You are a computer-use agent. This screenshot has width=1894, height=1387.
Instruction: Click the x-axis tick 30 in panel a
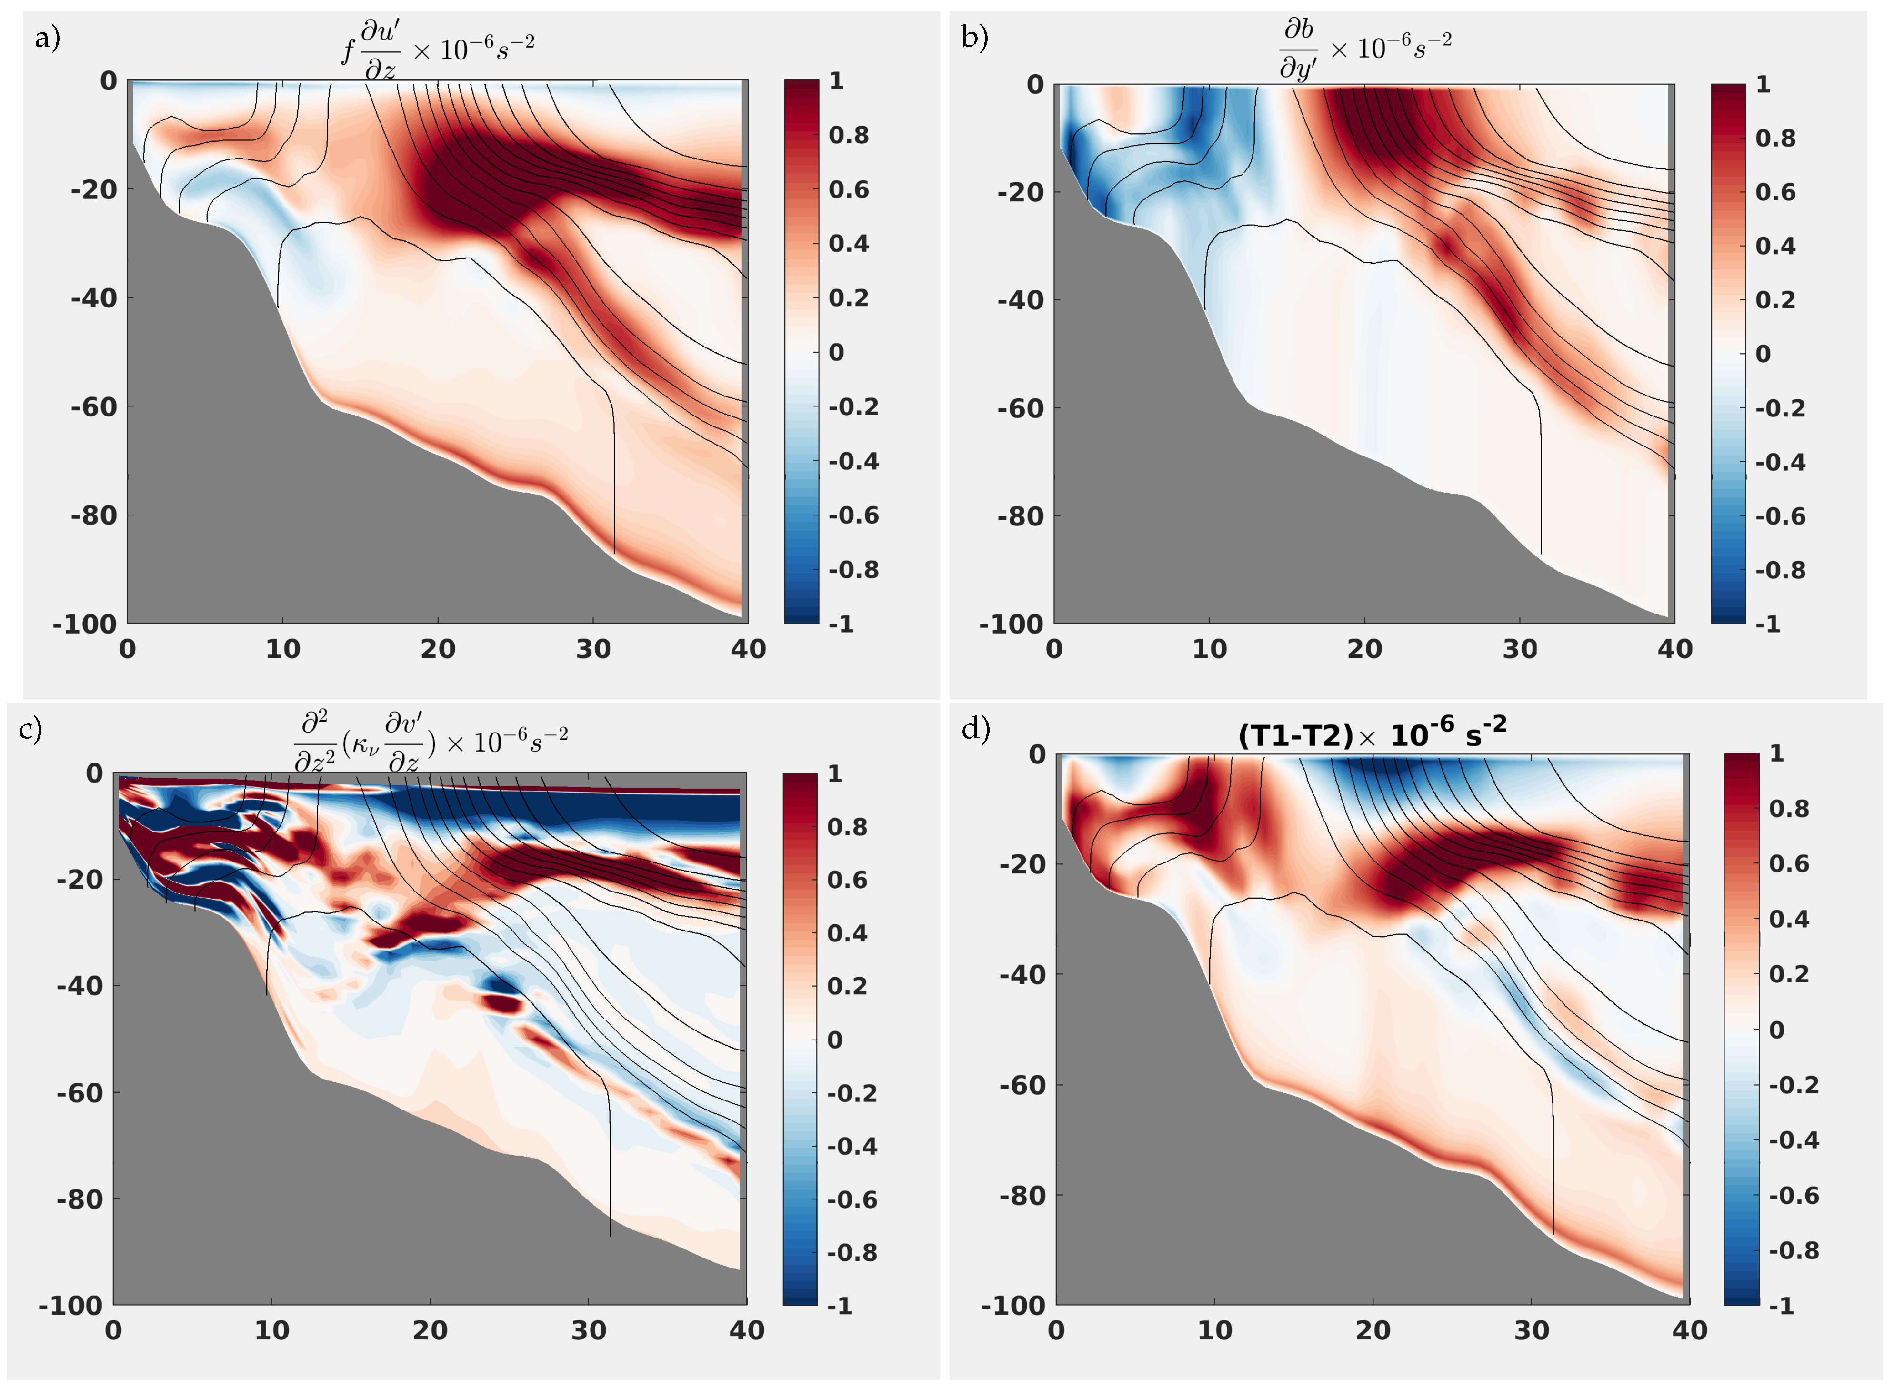point(593,649)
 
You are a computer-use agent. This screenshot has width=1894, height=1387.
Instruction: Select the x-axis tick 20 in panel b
point(1364,649)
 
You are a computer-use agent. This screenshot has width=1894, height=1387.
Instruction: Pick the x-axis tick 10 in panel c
point(271,1331)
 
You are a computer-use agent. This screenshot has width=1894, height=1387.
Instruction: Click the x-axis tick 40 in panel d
point(1689,1331)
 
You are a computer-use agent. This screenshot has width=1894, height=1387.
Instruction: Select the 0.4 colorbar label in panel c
point(847,933)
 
